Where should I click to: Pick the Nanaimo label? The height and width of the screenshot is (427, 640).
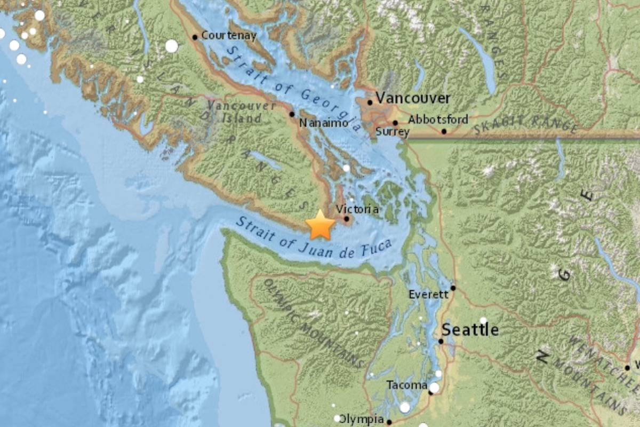pos(323,123)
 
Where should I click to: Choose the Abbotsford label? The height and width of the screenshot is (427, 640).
pos(438,119)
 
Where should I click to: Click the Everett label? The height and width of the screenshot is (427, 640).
pos(428,294)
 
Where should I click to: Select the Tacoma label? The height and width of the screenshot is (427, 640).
pos(407,385)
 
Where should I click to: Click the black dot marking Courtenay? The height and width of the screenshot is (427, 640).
pos(195,37)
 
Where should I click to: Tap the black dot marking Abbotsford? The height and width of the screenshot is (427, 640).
pos(444,131)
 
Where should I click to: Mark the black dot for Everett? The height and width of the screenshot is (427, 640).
pos(453,288)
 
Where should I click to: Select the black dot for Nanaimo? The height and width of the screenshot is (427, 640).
pos(292,114)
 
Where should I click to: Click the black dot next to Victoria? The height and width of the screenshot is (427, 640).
pos(347,218)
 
